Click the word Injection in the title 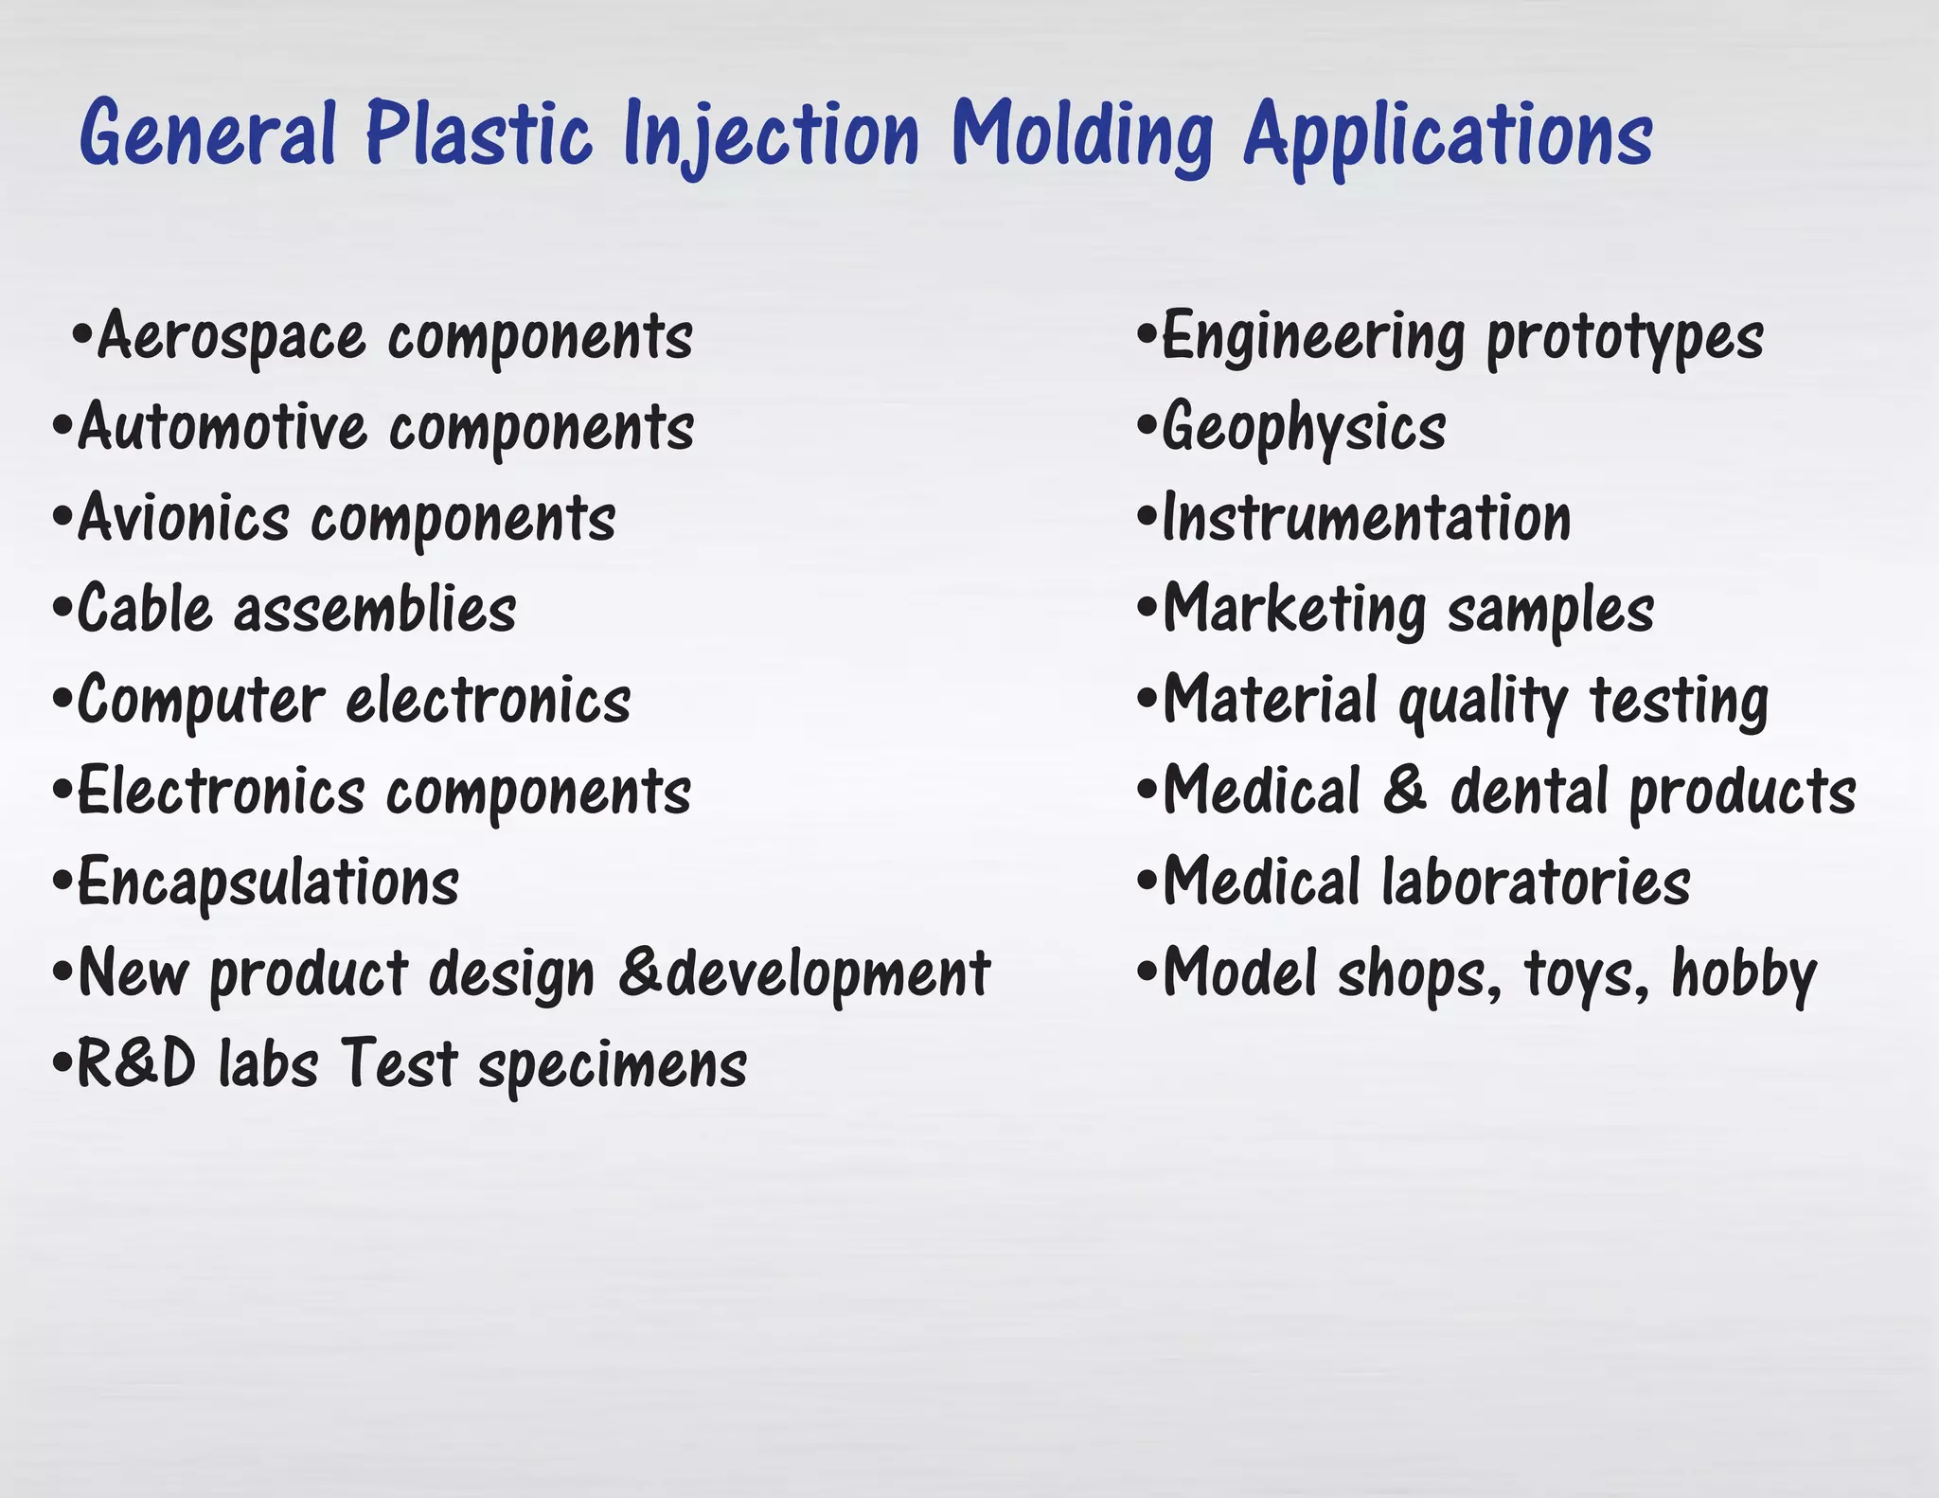[x=771, y=134]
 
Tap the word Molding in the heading [x=1082, y=134]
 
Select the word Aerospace [x=231, y=336]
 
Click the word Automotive [x=222, y=427]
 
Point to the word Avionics [x=183, y=519]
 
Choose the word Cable [x=144, y=609]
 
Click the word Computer [x=200, y=701]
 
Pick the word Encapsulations [x=268, y=883]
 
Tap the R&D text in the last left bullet [x=136, y=1063]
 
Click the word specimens [x=613, y=1067]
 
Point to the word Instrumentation [x=1366, y=519]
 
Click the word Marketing [x=1293, y=610]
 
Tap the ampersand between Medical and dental [x=1405, y=791]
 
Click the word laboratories [x=1536, y=883]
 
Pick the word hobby [x=1744, y=974]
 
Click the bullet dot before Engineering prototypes [x=1147, y=334]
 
